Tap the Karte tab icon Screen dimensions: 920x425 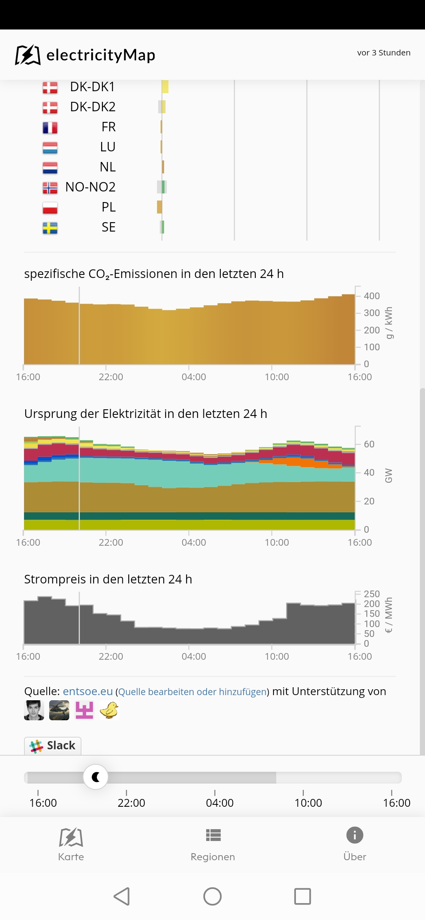(71, 837)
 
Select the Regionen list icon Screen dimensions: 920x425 (213, 835)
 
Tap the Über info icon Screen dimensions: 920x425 (355, 835)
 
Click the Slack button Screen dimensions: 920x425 (53, 745)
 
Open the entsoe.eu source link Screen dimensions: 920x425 (88, 691)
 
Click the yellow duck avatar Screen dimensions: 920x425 (109, 710)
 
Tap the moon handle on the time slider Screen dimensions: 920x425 (96, 777)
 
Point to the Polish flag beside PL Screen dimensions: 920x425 (50, 207)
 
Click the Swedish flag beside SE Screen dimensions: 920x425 (50, 228)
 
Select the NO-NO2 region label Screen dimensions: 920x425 (91, 187)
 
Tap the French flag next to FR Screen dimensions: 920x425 (50, 127)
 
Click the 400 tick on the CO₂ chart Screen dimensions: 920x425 (371, 296)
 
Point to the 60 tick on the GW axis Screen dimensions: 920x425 (369, 444)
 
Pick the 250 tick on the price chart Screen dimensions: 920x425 (371, 594)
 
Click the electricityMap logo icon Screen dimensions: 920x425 (28, 55)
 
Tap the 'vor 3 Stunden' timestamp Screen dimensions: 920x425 (384, 53)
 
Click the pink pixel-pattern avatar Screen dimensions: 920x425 (84, 710)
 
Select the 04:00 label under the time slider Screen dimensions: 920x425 (220, 803)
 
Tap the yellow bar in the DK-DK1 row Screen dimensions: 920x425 (165, 86)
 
